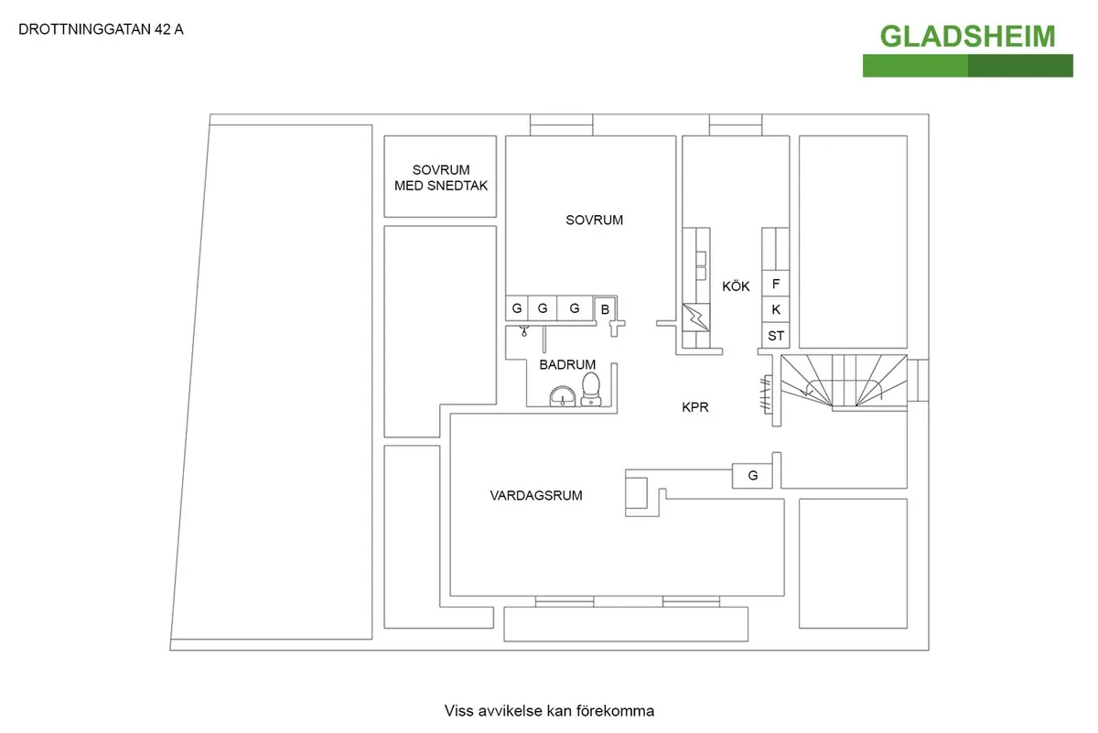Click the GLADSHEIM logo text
[968, 37]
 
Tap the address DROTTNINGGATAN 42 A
[101, 29]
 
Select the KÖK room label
[736, 286]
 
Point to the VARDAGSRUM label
[536, 495]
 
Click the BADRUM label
[567, 364]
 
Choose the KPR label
[695, 407]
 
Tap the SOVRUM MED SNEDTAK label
[441, 178]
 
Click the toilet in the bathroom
[591, 389]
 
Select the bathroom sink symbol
[563, 396]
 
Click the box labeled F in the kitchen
[776, 284]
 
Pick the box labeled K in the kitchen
[776, 309]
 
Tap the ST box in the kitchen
[776, 336]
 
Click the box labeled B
[605, 309]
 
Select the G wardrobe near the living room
[752, 476]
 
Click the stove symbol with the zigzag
[696, 318]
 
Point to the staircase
[844, 383]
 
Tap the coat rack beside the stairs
[766, 394]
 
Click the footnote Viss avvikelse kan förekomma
[549, 710]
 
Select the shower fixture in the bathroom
[524, 331]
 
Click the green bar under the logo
[968, 66]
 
